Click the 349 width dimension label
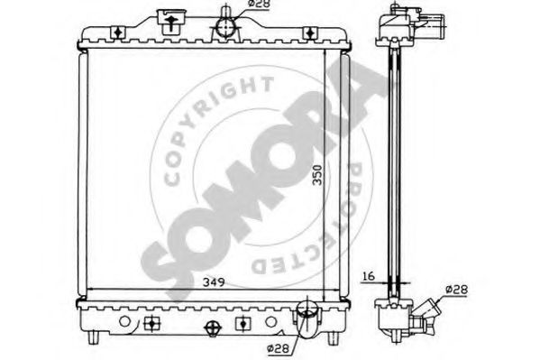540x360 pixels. coord(214,282)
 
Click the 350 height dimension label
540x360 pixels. coord(317,175)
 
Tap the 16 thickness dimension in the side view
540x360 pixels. coord(369,276)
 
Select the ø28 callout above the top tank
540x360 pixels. coord(260,4)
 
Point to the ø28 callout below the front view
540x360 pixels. coord(278,348)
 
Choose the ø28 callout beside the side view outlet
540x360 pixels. coord(457,290)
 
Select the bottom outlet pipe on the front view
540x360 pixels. coord(307,319)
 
